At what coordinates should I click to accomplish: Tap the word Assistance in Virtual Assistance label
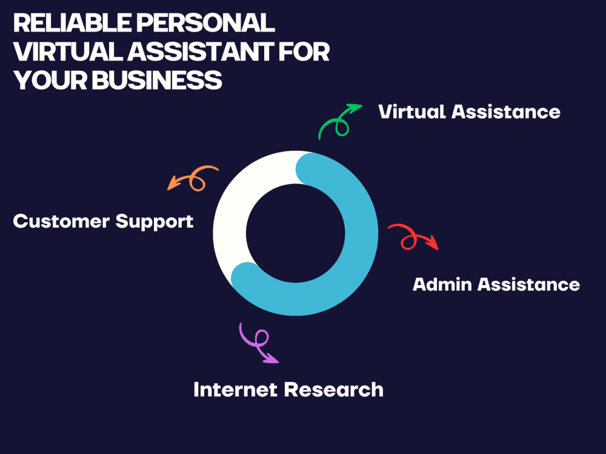(506, 111)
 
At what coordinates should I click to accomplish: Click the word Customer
(61, 221)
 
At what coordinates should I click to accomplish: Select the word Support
(154, 222)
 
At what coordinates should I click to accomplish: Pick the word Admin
(442, 285)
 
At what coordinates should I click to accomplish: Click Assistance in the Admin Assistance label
(528, 285)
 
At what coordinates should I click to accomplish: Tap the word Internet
(236, 389)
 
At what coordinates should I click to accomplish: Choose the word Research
(334, 389)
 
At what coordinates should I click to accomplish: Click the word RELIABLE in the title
(72, 23)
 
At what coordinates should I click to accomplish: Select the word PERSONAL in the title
(205, 23)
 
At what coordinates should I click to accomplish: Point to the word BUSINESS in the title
(157, 80)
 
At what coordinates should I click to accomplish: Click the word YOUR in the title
(50, 80)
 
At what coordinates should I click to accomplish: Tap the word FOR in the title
(304, 51)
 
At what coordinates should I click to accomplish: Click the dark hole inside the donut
(295, 233)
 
